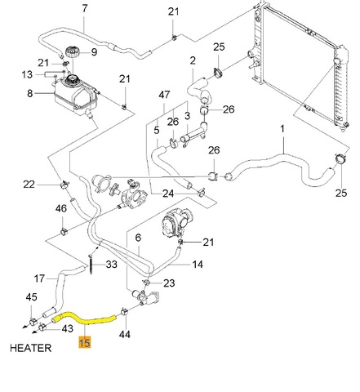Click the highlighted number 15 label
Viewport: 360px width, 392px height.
[x=84, y=342]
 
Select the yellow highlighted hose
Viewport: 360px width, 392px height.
[x=85, y=319]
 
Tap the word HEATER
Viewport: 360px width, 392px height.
[x=30, y=348]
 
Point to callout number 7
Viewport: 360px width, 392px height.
[x=85, y=8]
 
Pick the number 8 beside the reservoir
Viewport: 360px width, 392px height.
[x=30, y=93]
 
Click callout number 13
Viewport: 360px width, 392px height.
[x=27, y=74]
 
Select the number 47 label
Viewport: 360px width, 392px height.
[x=164, y=95]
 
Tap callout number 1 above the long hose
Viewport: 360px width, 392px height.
[x=282, y=129]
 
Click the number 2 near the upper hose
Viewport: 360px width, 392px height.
[x=193, y=60]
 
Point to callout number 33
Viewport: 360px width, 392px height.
[x=111, y=264]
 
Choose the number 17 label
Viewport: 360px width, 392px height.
[x=39, y=278]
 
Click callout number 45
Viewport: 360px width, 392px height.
[x=31, y=297]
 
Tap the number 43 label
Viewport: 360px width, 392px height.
[x=68, y=328]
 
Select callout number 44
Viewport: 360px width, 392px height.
[x=125, y=334]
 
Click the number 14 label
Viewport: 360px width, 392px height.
[x=198, y=264]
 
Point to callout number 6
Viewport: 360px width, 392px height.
[x=138, y=238]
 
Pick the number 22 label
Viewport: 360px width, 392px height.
[x=29, y=185]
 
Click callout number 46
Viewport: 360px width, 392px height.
[x=61, y=208]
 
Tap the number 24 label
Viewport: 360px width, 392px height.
[x=168, y=194]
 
